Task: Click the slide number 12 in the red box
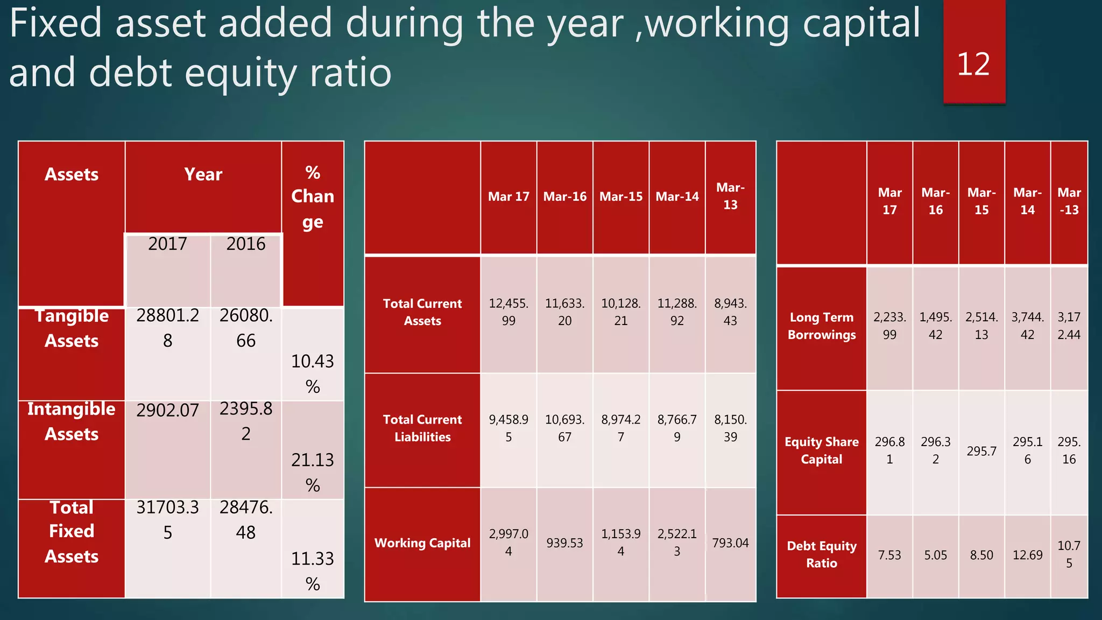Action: [973, 65]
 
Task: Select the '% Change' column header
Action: [313, 197]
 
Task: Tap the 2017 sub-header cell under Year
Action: [167, 244]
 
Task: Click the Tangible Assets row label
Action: [72, 328]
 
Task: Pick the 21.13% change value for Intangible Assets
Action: [313, 472]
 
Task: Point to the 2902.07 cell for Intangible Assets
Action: [167, 411]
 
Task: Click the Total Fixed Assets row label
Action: [72, 531]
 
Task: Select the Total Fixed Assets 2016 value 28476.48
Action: [246, 520]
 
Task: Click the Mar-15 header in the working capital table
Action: [621, 197]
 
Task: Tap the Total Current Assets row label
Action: [422, 312]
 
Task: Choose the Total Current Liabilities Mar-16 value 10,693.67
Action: [564, 428]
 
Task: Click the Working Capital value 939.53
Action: [564, 543]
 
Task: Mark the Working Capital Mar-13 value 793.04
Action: [730, 543]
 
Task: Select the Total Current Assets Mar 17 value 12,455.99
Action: [508, 312]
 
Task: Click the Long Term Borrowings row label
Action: [822, 326]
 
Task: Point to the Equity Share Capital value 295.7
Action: [981, 451]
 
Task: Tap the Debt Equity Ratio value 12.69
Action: [1027, 555]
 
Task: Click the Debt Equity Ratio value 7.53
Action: [889, 555]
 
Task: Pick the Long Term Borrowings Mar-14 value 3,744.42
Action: [1027, 326]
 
